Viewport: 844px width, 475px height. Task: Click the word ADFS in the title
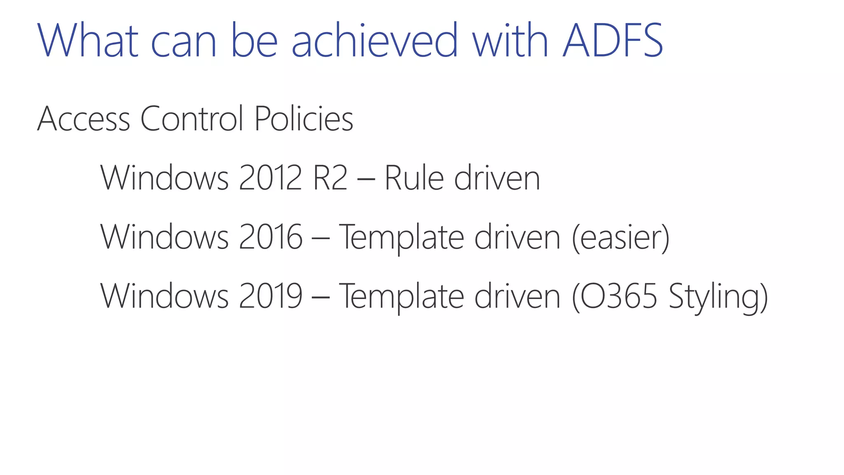tap(613, 40)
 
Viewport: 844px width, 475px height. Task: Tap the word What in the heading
tap(88, 40)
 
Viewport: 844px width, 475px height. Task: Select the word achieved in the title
tap(375, 40)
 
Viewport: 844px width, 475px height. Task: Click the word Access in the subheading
tap(84, 119)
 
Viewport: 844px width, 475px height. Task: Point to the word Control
tap(192, 119)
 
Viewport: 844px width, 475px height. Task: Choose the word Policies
tap(304, 119)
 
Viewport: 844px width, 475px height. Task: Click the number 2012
tap(270, 178)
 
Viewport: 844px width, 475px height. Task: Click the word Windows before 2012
tap(164, 178)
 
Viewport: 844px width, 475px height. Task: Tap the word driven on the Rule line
tap(497, 178)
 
